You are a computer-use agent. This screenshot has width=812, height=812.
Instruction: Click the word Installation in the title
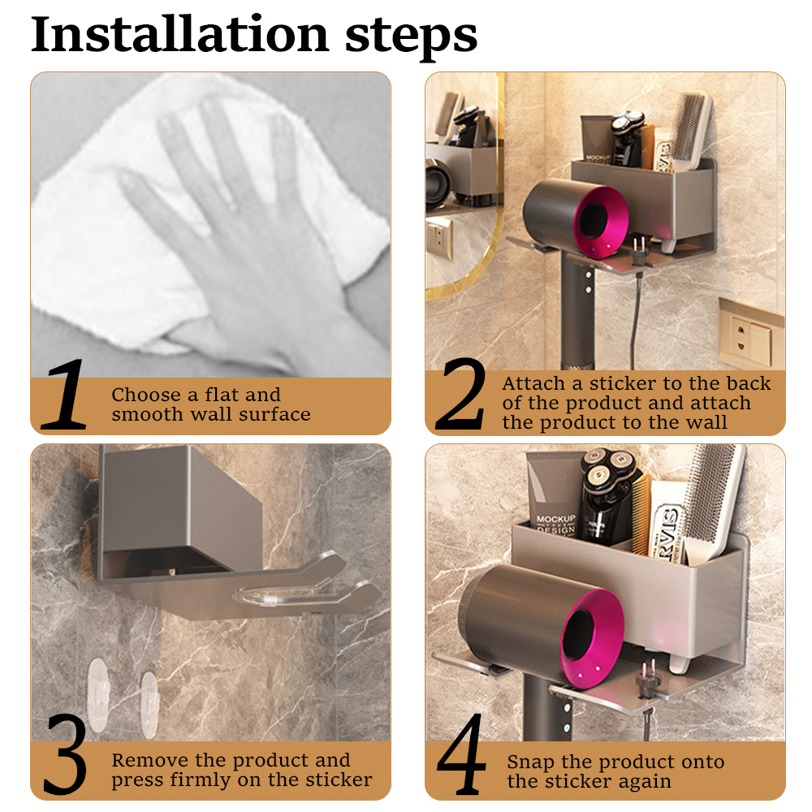point(179,34)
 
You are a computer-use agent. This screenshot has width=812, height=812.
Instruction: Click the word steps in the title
point(411,37)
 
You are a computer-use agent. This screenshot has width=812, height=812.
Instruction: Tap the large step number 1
point(64,394)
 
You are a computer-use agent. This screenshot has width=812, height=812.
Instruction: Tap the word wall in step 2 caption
point(708,422)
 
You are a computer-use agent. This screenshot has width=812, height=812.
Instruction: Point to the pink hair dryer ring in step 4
point(594,642)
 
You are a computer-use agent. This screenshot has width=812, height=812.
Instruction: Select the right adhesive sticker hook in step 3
point(149,703)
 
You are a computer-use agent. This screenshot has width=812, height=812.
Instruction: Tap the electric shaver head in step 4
point(608,465)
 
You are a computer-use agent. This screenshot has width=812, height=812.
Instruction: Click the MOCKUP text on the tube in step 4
point(555,519)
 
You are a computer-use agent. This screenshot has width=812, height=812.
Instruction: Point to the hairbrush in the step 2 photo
point(692,132)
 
